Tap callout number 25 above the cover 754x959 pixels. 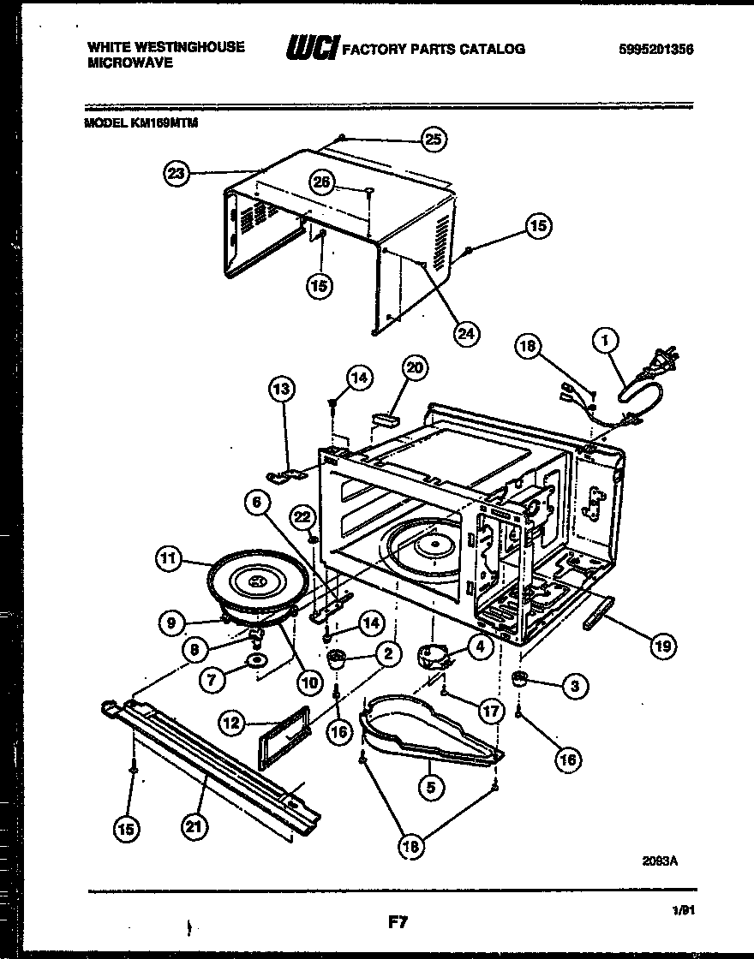(434, 140)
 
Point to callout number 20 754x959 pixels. (414, 367)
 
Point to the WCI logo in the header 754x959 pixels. (314, 49)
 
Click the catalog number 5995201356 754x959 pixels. (655, 50)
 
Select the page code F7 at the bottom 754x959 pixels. (397, 922)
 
